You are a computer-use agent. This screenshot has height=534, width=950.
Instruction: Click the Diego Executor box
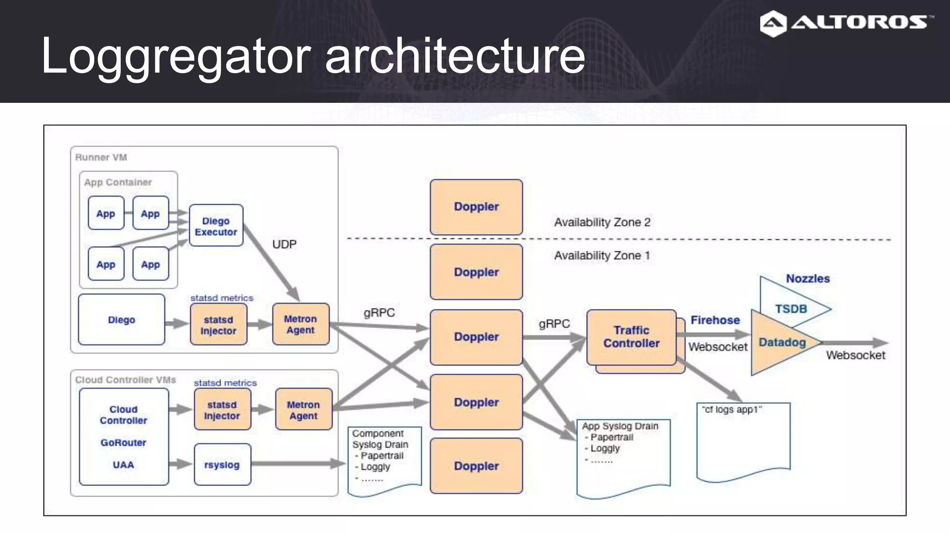pyautogui.click(x=216, y=226)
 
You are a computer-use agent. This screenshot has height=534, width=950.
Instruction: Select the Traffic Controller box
pyautogui.click(x=631, y=337)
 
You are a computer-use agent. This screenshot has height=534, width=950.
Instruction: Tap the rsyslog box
pyautogui.click(x=222, y=464)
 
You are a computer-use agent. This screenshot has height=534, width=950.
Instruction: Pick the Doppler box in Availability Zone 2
pyautogui.click(x=476, y=207)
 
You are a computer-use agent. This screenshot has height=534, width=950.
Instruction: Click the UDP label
pyautogui.click(x=284, y=244)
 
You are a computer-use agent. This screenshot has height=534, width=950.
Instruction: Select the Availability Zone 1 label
pyautogui.click(x=602, y=255)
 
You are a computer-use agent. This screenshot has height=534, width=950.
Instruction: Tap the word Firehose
pyautogui.click(x=715, y=320)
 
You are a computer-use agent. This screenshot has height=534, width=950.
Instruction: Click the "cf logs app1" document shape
pyautogui.click(x=743, y=440)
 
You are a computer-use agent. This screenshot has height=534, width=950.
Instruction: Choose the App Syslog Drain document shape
pyautogui.click(x=623, y=457)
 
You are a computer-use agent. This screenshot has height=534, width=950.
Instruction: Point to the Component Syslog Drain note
pyautogui.click(x=384, y=459)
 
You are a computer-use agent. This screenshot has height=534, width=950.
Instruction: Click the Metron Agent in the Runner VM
pyautogui.click(x=301, y=324)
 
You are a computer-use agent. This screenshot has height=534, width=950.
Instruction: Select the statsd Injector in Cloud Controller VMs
pyautogui.click(x=222, y=410)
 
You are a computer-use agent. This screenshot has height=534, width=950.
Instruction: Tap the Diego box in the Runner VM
pyautogui.click(x=121, y=320)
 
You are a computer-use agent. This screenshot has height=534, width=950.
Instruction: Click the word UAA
pyautogui.click(x=123, y=465)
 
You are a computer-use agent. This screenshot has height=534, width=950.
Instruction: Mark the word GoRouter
pyautogui.click(x=123, y=443)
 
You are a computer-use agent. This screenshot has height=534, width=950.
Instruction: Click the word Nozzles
pyautogui.click(x=807, y=279)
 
